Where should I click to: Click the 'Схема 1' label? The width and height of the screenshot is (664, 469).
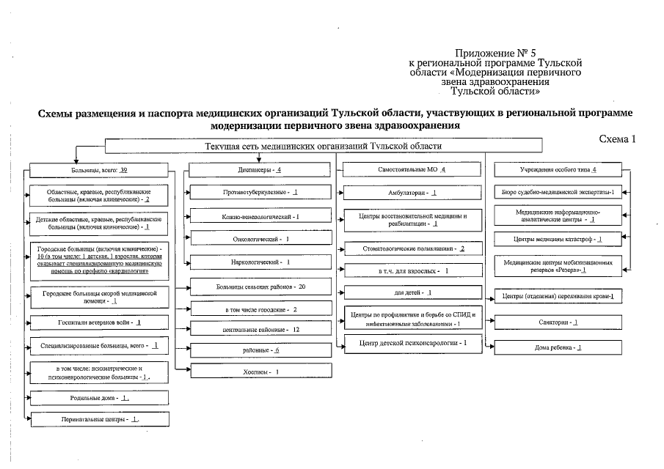point(617,139)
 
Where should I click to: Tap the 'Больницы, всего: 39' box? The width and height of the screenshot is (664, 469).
point(99,170)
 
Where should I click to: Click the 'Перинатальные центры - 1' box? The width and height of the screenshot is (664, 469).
point(98,419)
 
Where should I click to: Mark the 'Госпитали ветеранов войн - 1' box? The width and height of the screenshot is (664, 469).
point(98,322)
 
